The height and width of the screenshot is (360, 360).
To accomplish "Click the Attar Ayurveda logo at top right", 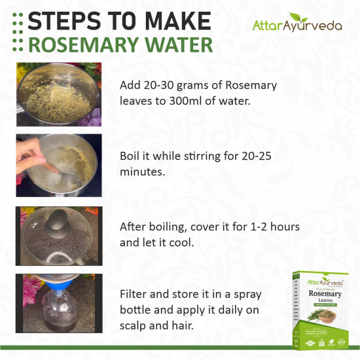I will tap(297, 25).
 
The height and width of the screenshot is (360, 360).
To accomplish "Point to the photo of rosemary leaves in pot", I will tap(59, 94).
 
